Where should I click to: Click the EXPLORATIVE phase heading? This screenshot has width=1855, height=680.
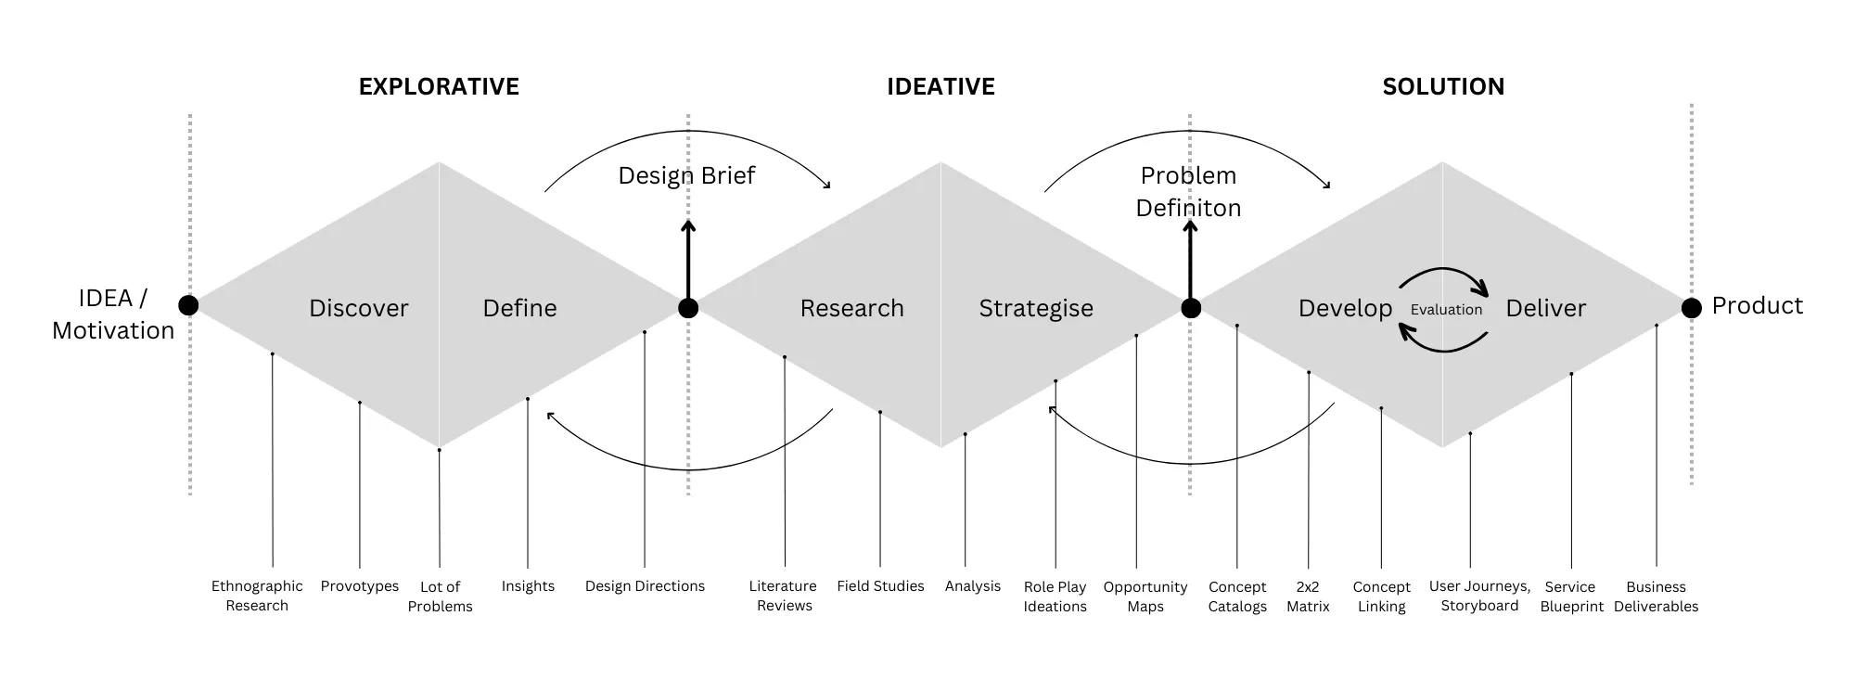439,86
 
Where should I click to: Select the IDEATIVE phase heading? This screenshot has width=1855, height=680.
940,86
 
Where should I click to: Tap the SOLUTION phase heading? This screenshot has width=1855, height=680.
1443,86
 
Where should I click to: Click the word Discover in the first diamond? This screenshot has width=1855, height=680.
358,308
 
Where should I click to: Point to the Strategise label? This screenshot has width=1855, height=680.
1036,308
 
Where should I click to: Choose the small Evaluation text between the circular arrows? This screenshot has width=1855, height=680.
1446,310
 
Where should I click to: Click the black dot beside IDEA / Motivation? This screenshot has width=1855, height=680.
188,305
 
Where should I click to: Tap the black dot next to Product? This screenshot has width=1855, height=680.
1692,307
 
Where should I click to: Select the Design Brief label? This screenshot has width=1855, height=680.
686,175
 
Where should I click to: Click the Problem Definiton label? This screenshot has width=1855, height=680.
1188,191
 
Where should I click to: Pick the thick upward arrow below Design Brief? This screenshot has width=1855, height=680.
688,260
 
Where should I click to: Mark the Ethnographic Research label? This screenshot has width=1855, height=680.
257,596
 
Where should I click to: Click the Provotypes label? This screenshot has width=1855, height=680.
360,586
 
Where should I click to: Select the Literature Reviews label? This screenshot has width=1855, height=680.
784,596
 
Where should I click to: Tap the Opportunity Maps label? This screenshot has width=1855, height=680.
1145,597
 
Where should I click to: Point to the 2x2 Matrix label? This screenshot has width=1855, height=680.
1308,597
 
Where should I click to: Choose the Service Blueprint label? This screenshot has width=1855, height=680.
1571,597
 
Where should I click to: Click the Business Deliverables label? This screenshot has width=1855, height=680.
1656,597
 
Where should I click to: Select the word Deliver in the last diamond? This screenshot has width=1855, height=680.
1545,308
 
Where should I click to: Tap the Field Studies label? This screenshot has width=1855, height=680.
880,586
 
